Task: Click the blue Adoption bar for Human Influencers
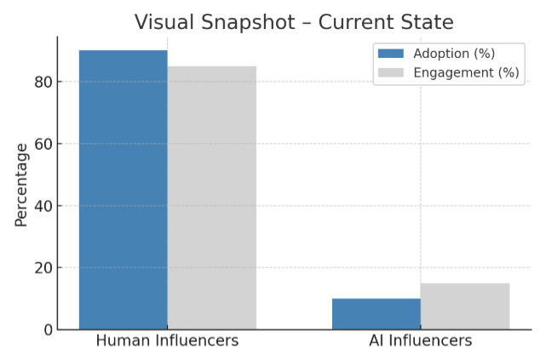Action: tap(123, 190)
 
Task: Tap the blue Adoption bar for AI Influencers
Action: tap(376, 313)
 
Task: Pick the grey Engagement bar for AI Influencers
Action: tap(465, 306)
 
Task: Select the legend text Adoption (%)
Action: tap(454, 54)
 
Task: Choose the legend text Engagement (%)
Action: tap(466, 72)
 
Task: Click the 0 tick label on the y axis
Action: tap(45, 329)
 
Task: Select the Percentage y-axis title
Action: tap(21, 185)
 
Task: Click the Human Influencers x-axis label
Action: tap(167, 341)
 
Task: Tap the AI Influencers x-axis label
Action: tap(420, 341)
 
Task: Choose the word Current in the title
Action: tap(358, 22)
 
